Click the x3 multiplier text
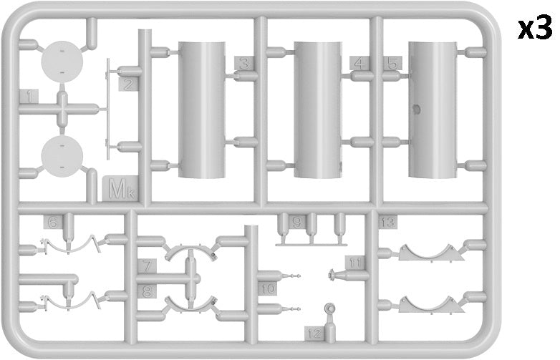pyautogui.click(x=536, y=29)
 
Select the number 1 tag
pyautogui.click(x=29, y=97)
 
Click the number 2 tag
pyautogui.click(x=128, y=84)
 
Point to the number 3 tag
pyautogui.click(x=244, y=63)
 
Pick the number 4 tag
pyautogui.click(x=359, y=63)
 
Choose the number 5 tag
pyautogui.click(x=392, y=63)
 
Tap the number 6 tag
pyautogui.click(x=53, y=222)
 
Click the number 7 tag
pyautogui.click(x=147, y=266)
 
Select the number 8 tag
pyautogui.click(x=147, y=291)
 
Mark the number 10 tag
pyautogui.click(x=268, y=288)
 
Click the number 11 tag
pyautogui.click(x=354, y=263)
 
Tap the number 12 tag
pyautogui.click(x=314, y=334)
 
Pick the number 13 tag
pyautogui.click(x=387, y=223)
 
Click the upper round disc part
pyautogui.click(x=62, y=62)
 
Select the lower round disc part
pyautogui.click(x=62, y=156)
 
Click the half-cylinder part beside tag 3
pyautogui.click(x=202, y=110)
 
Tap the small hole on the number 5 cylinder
pyautogui.click(x=416, y=109)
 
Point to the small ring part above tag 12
pyautogui.click(x=330, y=308)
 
